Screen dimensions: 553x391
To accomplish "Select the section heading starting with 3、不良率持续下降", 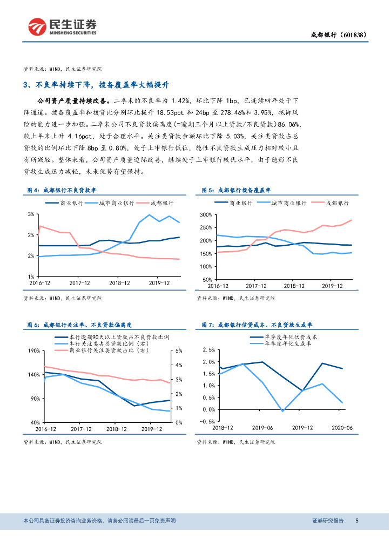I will pos(97,85).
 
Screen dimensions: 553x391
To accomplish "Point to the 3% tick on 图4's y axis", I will pos(30,214).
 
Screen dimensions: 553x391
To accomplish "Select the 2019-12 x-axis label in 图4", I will pos(159,283).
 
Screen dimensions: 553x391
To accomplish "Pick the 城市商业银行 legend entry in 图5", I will pos(289,203).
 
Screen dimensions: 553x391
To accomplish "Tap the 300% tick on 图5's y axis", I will pos(204,214).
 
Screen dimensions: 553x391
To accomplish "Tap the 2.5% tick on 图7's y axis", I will pos(207,349).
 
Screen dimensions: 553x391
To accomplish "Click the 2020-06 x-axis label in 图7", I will pos(341,427).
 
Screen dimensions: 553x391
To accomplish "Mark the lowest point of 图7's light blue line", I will pos(282,411).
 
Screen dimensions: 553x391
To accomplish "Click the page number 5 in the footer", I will pos(357,521).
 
